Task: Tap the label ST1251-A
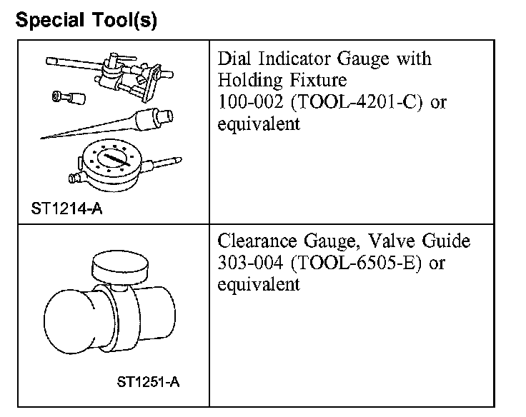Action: click(148, 381)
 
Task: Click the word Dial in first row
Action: click(235, 58)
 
